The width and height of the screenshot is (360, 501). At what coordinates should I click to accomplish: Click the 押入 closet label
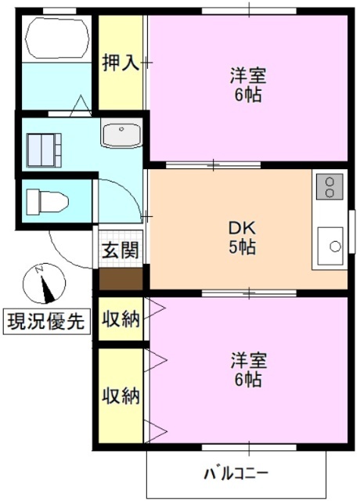click(x=121, y=63)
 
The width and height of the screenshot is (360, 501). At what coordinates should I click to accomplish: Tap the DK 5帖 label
click(x=242, y=238)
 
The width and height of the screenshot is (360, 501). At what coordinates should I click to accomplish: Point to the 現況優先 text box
click(x=45, y=321)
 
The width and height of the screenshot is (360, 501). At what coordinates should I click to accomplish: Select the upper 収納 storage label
click(x=121, y=319)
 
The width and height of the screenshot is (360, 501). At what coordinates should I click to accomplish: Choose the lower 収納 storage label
click(x=121, y=395)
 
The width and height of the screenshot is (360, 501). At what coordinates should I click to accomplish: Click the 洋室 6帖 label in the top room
click(x=247, y=85)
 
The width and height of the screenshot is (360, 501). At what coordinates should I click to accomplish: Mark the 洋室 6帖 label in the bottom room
click(x=247, y=370)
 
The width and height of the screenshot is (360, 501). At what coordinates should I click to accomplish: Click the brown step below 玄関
click(x=121, y=277)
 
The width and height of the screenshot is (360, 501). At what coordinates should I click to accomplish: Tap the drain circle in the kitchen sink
click(x=335, y=246)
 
